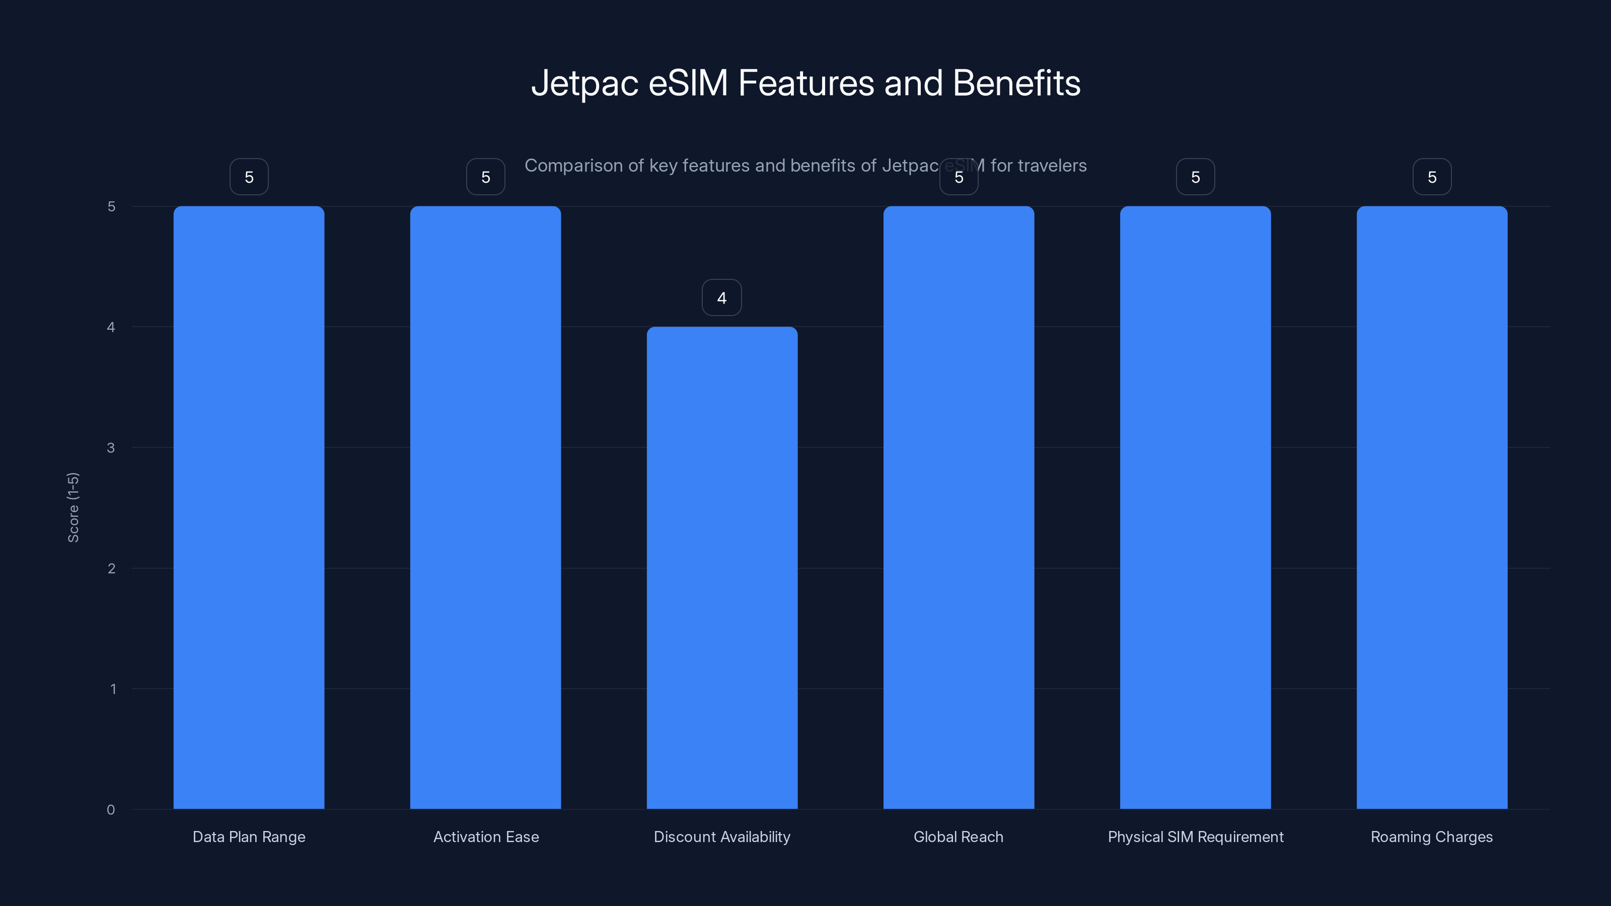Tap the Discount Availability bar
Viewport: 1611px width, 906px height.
pos(722,568)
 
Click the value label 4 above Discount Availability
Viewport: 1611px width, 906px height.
pos(722,297)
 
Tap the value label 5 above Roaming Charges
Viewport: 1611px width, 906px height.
pos(1431,177)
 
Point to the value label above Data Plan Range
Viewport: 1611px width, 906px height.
pos(249,177)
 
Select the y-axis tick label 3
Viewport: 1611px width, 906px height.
pos(111,447)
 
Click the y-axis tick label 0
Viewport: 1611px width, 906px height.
pos(111,810)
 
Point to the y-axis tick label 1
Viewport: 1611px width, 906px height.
pos(113,689)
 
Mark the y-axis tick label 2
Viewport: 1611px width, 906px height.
pos(111,568)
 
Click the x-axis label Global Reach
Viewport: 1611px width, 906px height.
pos(958,837)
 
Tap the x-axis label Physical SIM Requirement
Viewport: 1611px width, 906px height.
pos(1195,837)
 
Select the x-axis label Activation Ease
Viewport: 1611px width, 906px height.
pos(486,837)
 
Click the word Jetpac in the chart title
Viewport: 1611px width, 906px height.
pos(584,84)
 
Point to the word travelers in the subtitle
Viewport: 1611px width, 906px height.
pos(1052,166)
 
